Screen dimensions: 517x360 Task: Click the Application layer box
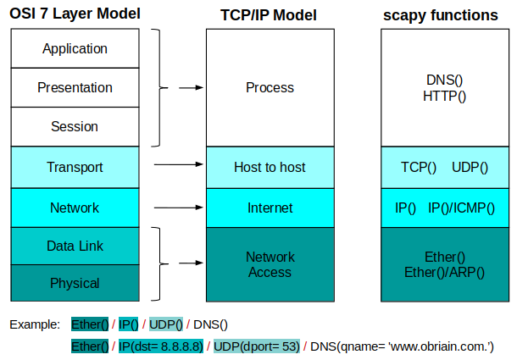tap(75, 48)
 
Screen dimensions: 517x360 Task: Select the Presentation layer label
tap(75, 88)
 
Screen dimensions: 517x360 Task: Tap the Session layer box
tap(75, 126)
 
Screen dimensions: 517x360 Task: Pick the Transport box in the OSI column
tap(75, 167)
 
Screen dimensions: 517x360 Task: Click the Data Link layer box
tap(75, 246)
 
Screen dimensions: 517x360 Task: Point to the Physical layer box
tap(75, 283)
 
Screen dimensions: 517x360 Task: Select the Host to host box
tap(270, 167)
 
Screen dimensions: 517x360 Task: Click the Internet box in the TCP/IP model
tap(270, 208)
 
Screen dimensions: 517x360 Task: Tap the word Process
tap(270, 88)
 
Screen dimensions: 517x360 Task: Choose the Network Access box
tap(270, 264)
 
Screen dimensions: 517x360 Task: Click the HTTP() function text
tap(444, 97)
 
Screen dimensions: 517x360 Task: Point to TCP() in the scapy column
tap(419, 167)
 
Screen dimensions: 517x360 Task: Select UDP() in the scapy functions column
tap(470, 167)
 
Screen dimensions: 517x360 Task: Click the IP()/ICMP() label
tap(461, 208)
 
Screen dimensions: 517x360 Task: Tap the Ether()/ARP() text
tap(444, 273)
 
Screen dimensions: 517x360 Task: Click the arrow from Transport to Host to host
tap(179, 164)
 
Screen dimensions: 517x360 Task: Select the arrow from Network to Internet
tap(179, 208)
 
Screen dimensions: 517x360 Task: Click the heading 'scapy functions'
tap(441, 15)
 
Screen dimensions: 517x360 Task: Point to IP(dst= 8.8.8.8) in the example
tap(161, 346)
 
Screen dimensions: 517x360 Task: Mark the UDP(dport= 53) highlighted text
tap(257, 346)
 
